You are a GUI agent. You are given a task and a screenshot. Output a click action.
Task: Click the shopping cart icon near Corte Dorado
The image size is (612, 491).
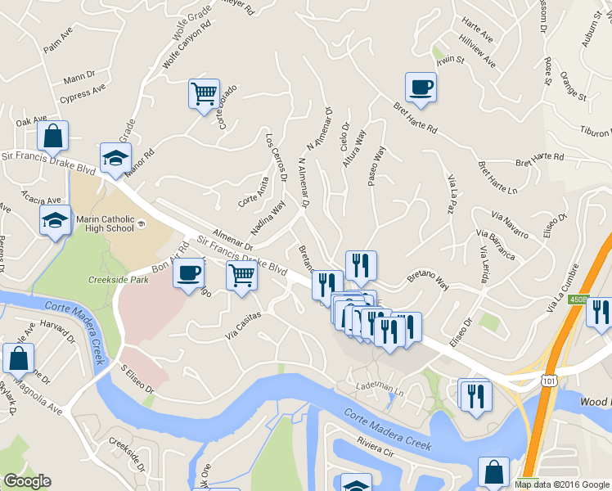tap(204, 92)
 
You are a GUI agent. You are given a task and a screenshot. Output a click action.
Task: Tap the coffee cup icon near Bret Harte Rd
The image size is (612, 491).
tap(421, 86)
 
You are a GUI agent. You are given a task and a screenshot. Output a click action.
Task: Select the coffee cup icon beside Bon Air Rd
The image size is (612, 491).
tap(189, 272)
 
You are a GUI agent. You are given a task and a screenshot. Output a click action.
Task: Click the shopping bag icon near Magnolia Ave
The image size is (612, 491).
tap(18, 358)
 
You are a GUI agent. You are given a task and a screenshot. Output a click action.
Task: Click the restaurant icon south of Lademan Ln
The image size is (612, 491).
tap(474, 396)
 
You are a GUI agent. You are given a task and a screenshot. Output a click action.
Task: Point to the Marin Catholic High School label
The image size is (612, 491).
tap(105, 223)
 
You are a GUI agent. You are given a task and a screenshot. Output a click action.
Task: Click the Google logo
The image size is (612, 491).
tap(27, 481)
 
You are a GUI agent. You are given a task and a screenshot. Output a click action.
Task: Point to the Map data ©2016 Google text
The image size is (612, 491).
tap(561, 484)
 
